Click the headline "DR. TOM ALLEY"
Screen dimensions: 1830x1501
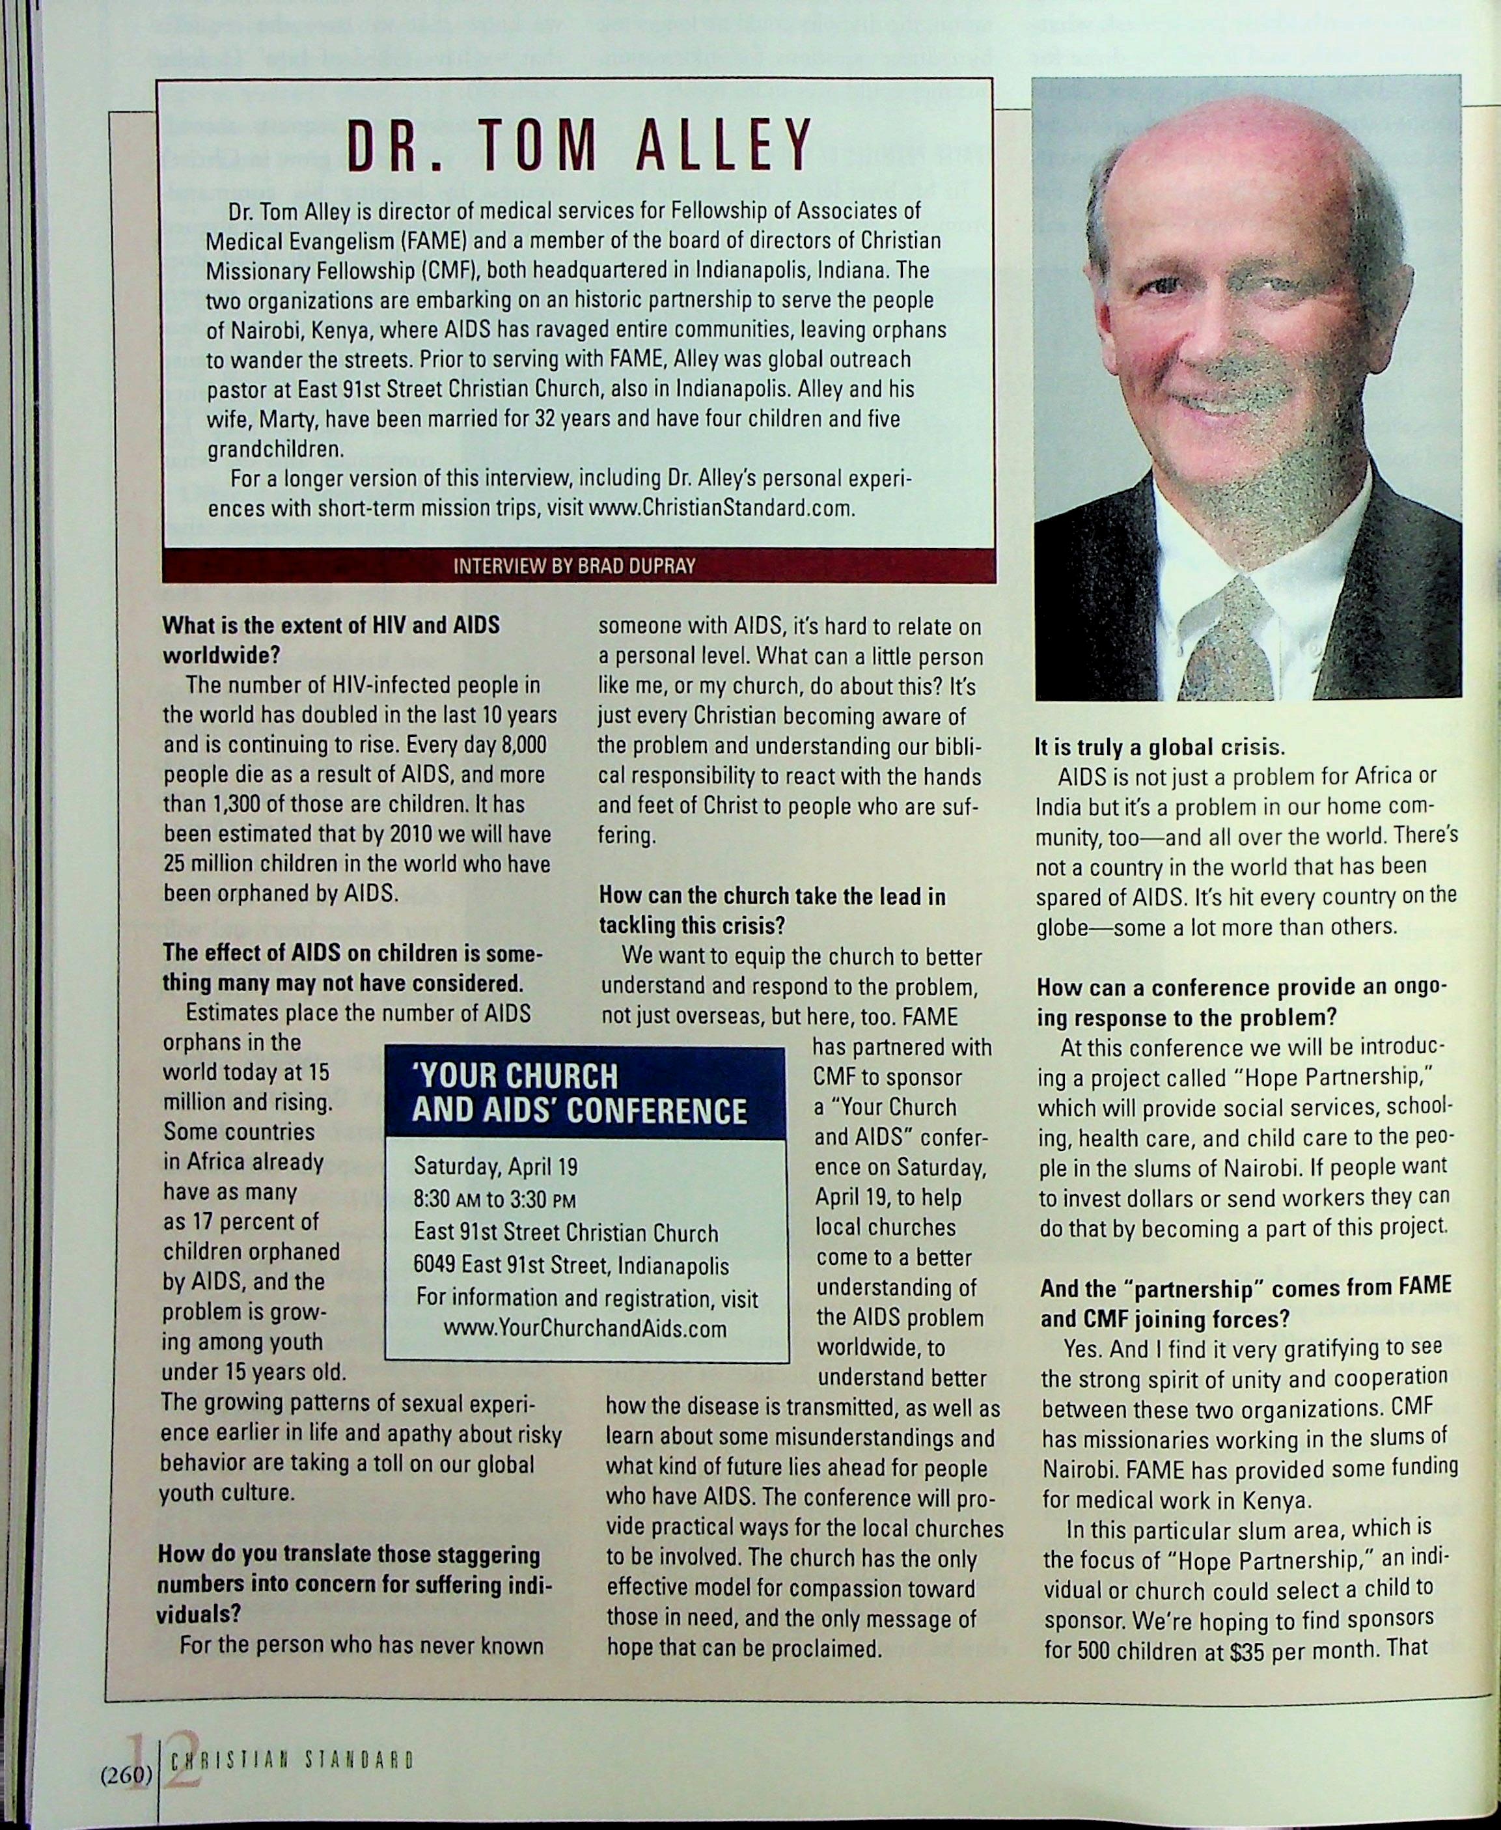pos(579,145)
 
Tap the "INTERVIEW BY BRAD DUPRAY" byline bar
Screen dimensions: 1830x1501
pos(574,566)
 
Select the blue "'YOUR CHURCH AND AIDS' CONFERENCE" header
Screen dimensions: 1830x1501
pos(579,1094)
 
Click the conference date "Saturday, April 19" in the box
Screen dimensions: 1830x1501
pos(495,1167)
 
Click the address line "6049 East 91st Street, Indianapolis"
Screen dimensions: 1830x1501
pos(571,1266)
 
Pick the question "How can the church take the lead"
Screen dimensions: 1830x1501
pos(772,896)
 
